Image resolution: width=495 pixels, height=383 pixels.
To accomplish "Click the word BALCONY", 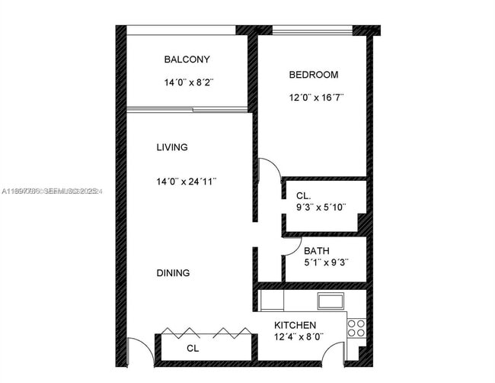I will tap(187, 60).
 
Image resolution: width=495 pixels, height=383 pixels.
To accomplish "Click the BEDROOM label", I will tap(313, 75).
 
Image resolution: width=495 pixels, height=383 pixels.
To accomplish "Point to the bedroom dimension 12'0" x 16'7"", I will tap(316, 97).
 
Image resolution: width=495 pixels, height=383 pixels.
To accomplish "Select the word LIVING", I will tap(172, 147).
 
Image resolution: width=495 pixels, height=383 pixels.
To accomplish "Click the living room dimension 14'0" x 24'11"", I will tap(187, 182).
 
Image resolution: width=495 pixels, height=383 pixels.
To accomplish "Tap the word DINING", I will tap(174, 273).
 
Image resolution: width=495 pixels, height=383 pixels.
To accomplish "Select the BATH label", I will tap(316, 250).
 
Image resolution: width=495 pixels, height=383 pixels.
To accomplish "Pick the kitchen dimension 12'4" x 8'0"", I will tap(299, 337).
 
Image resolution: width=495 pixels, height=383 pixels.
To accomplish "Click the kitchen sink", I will tap(331, 301).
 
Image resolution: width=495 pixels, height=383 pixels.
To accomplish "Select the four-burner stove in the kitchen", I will tap(356, 327).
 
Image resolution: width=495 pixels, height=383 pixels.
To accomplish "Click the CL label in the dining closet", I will tap(193, 349).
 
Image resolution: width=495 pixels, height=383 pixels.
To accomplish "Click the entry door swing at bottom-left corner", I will tap(138, 352).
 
